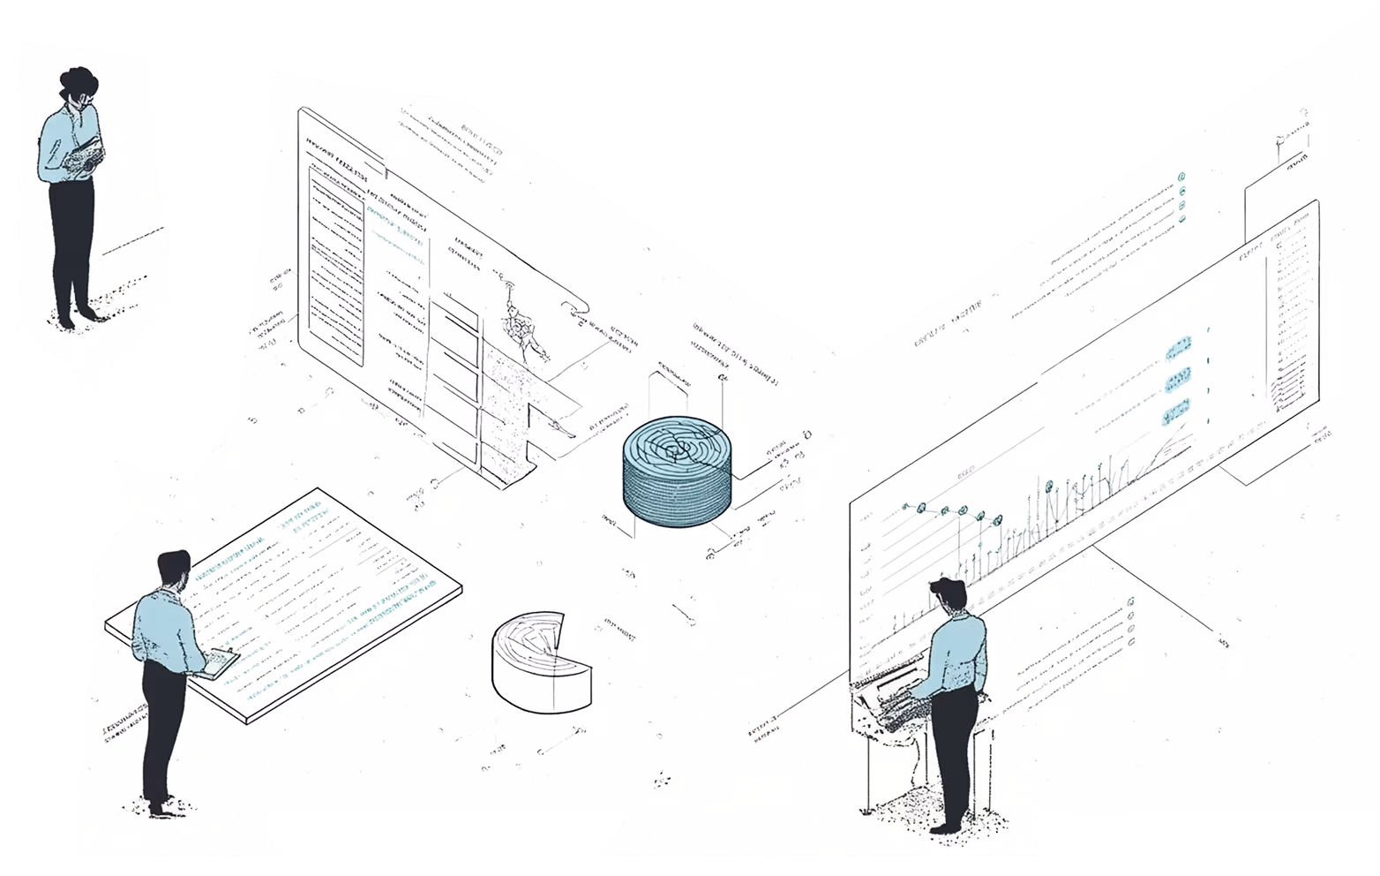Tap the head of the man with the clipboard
[x=174, y=570]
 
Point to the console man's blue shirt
[x=958, y=654]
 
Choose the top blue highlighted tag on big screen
[x=1178, y=349]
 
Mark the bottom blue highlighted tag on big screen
[x=1176, y=412]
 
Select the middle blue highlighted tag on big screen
[x=1177, y=381]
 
